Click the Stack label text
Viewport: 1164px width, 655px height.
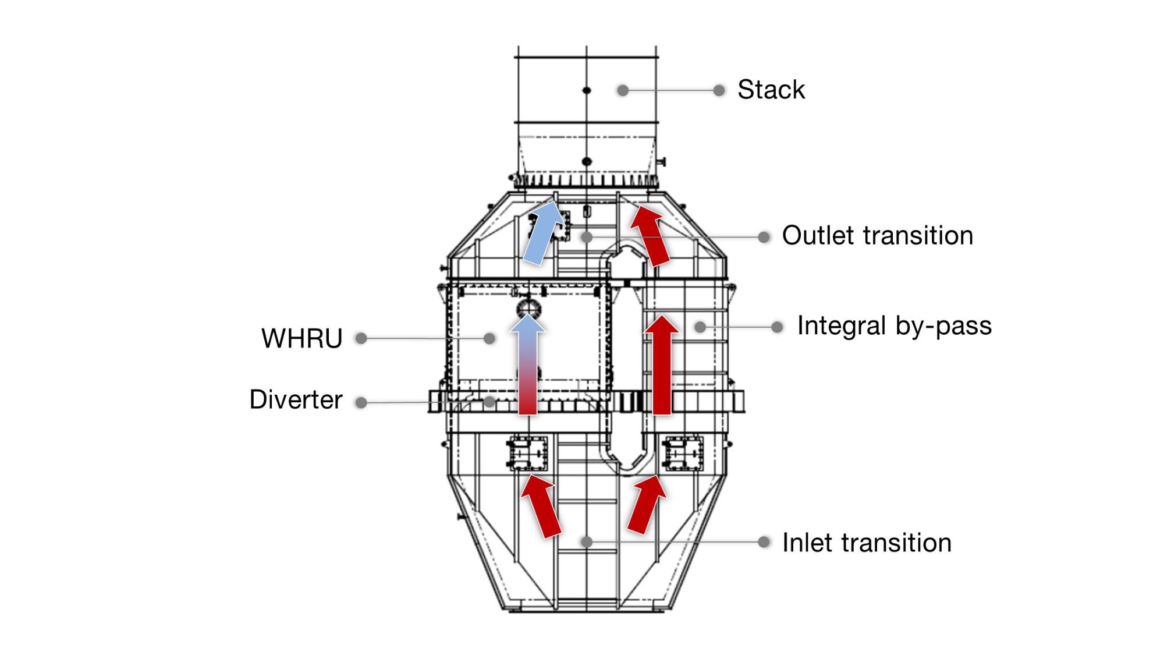[771, 90]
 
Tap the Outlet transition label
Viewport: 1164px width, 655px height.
[877, 236]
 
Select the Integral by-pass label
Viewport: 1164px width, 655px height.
[894, 326]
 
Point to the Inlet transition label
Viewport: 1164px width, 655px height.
[867, 543]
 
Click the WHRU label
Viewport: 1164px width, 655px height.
[301, 338]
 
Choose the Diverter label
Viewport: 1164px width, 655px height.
[296, 400]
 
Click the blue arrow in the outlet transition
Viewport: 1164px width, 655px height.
[544, 233]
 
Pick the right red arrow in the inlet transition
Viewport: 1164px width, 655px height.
[646, 504]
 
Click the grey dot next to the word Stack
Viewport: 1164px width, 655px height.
[719, 90]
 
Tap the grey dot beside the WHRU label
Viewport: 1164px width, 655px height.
[361, 338]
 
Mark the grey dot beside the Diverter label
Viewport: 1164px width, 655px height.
[361, 402]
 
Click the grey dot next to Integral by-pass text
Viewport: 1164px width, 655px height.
[777, 327]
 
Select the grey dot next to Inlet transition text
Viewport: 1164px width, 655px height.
[764, 542]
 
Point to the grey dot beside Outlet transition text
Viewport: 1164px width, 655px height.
[764, 237]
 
